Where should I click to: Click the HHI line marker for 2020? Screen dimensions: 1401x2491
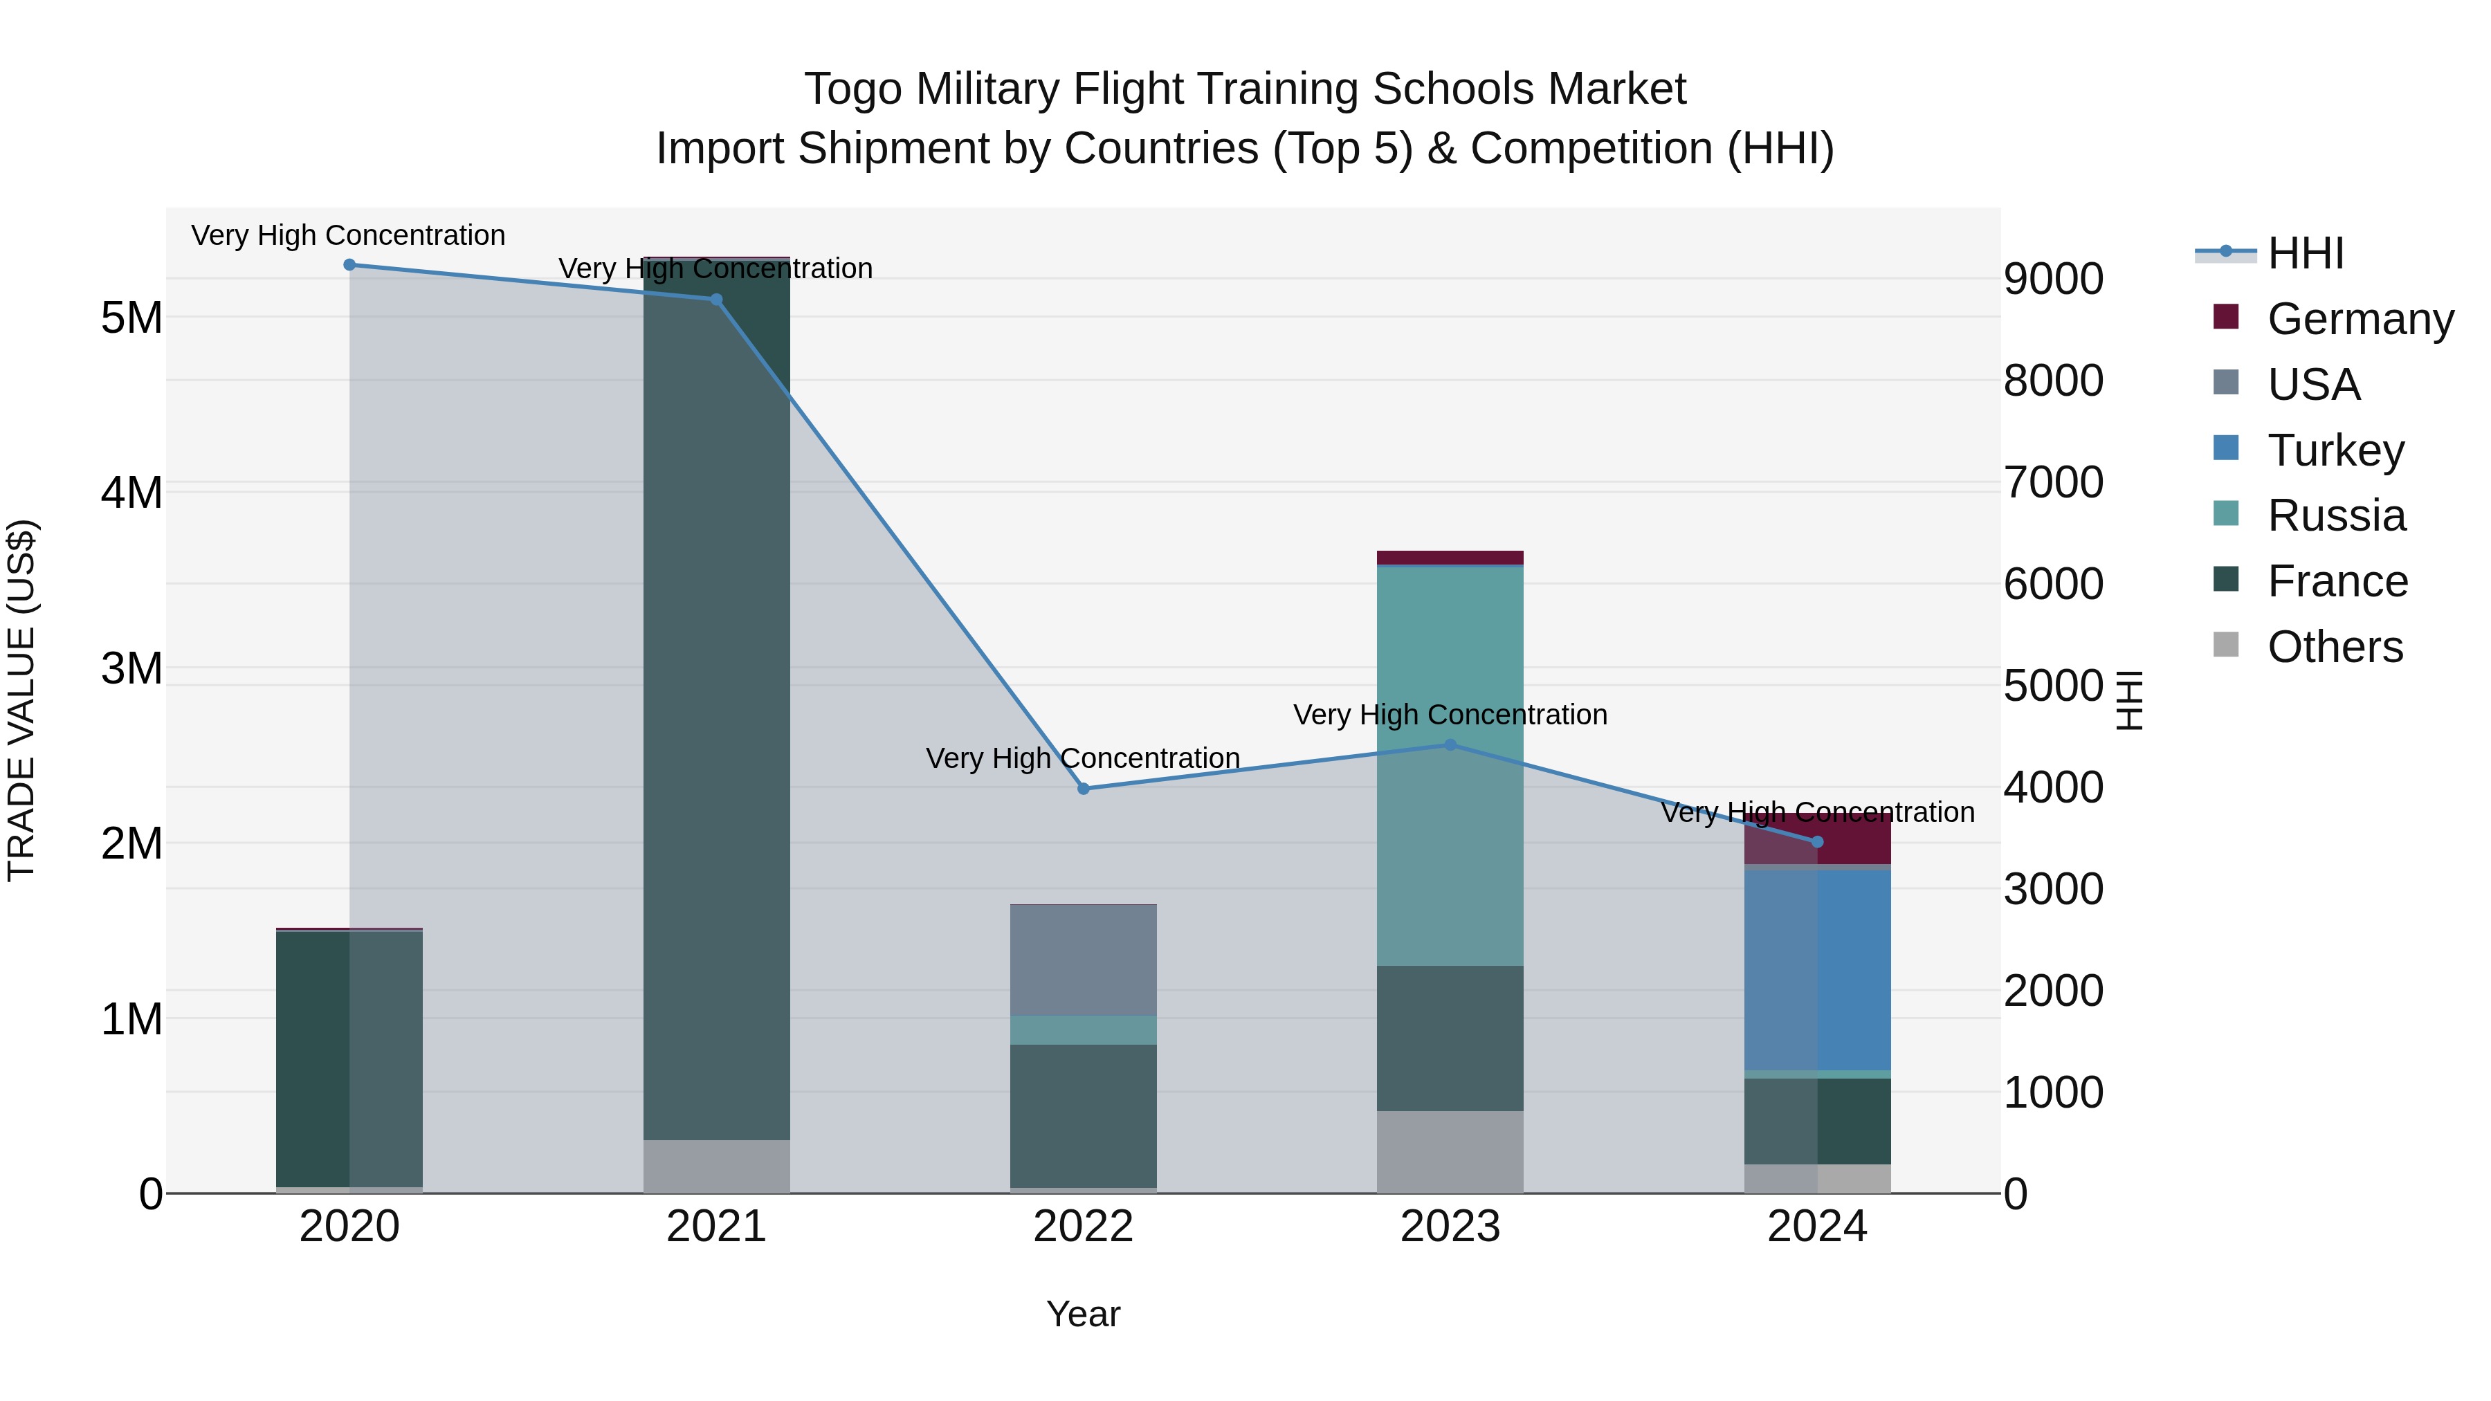350,265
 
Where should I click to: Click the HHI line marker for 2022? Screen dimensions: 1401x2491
1083,789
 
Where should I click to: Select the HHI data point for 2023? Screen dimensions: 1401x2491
1450,745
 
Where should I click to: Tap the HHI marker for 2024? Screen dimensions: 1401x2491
1817,842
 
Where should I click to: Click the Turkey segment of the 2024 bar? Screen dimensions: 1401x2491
1818,970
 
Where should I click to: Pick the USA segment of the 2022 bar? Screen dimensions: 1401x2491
1083,960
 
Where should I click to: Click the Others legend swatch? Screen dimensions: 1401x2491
2226,645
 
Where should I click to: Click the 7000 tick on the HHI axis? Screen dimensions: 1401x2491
2053,482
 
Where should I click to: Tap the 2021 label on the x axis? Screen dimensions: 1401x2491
717,1227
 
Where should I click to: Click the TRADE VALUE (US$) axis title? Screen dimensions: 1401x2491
21,700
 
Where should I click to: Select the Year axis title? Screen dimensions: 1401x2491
1083,1314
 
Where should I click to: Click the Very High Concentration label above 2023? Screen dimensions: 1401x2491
1450,715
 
